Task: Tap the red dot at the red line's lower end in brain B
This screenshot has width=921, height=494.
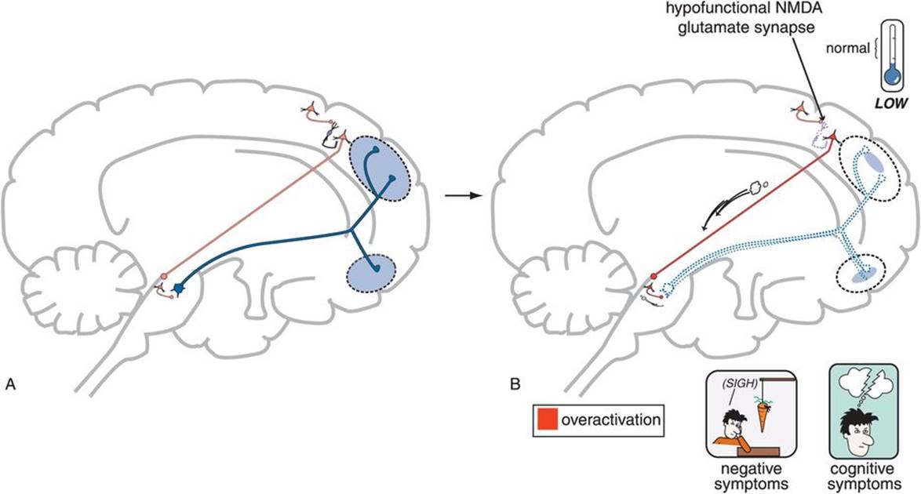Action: tap(653, 276)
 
